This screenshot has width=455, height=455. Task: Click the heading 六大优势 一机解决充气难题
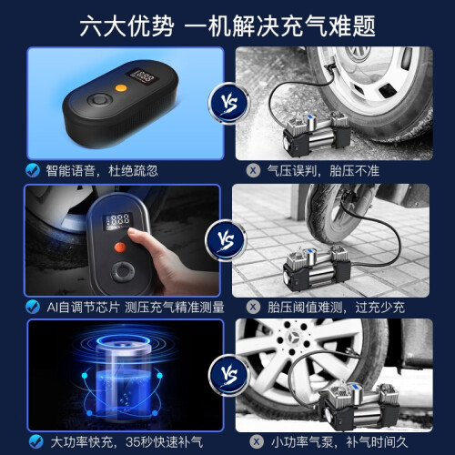pos(227,26)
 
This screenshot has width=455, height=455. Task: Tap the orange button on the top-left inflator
pos(121,88)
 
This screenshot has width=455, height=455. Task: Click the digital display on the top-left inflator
pos(142,76)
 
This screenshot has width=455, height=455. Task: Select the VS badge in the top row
pos(229,103)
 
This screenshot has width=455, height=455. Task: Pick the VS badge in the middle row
pos(227,240)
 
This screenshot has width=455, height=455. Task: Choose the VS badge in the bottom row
pos(229,376)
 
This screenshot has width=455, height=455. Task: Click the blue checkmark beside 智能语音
pos(33,170)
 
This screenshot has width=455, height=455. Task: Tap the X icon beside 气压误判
pos(253,170)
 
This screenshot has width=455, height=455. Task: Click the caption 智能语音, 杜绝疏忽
pos(102,171)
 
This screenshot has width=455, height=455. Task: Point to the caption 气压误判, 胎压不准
pos(323,171)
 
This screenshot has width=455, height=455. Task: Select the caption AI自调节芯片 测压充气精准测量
pos(136,308)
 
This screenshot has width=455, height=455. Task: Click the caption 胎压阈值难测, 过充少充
pos(336,308)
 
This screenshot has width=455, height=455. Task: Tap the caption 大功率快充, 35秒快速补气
pos(126,442)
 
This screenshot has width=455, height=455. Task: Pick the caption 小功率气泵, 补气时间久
pos(339,442)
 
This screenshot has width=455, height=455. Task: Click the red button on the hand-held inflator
pos(120,248)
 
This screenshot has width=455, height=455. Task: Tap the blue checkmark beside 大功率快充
pos(36,441)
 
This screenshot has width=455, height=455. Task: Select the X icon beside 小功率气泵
pos(257,441)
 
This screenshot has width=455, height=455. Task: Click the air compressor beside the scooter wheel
pos(317,268)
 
